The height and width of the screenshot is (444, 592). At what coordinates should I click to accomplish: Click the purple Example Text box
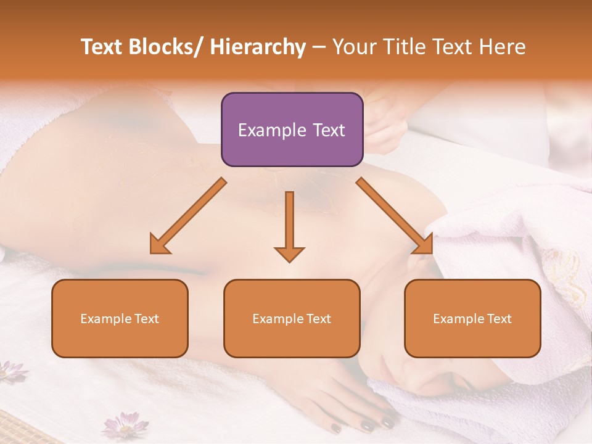point(292,129)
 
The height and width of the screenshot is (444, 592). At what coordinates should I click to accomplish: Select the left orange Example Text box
point(120,318)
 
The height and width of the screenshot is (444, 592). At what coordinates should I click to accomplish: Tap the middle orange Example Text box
point(292,318)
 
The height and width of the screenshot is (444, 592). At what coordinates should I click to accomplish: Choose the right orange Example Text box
point(472,318)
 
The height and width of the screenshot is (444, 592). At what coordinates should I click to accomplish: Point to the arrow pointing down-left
point(187,216)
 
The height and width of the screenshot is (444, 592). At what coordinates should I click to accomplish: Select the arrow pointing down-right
point(395,216)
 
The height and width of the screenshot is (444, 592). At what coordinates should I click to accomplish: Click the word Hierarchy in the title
point(258,47)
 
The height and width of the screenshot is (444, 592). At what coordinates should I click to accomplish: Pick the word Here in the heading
point(503,47)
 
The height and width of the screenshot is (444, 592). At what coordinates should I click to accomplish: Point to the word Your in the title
point(354,47)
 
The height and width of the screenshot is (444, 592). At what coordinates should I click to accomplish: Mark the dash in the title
point(319,47)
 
